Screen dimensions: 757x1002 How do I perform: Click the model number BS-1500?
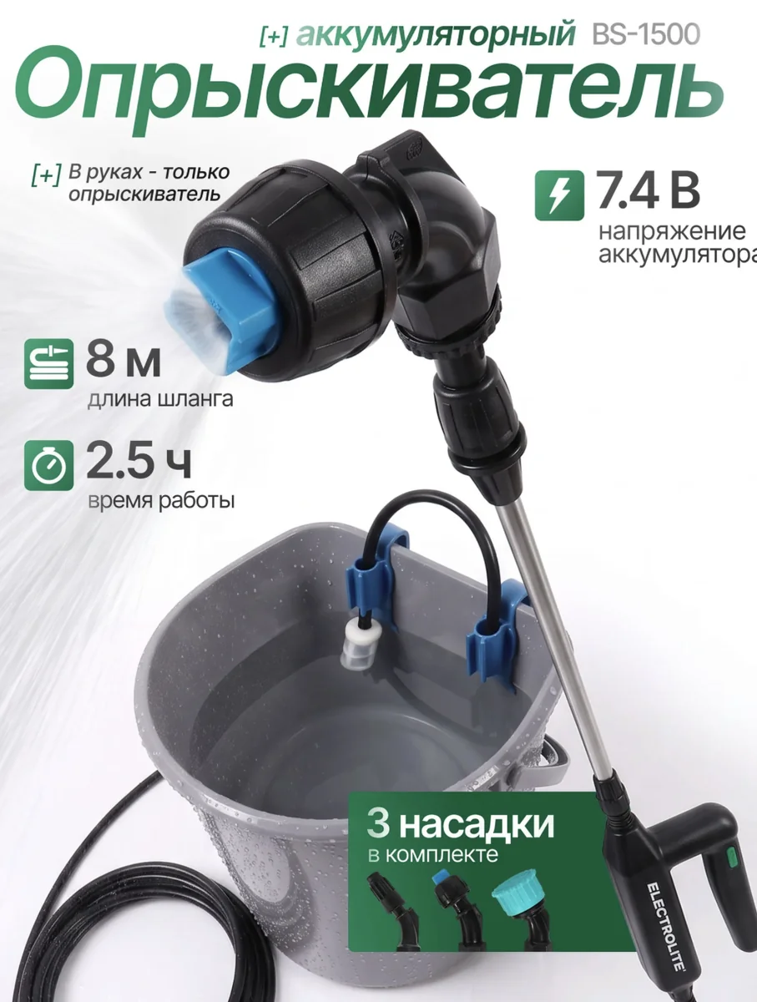point(646,34)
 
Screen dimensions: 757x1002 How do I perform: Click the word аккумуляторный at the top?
point(436,35)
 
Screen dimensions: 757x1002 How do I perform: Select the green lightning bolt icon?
point(559,195)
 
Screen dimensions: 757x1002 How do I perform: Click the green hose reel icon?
point(48,364)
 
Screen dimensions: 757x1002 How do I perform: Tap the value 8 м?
point(124,362)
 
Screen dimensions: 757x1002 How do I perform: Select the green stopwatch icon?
point(48,466)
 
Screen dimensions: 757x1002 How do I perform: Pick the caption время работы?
point(161,501)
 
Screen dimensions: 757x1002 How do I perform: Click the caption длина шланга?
point(160,399)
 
